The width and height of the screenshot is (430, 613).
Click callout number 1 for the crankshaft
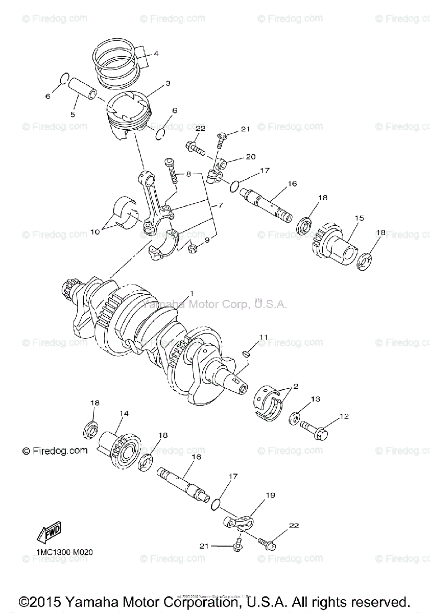pos(191,293)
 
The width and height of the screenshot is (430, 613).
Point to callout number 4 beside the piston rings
pos(156,53)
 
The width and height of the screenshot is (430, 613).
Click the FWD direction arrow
pos(49,533)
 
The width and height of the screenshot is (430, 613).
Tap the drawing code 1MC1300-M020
pos(64,552)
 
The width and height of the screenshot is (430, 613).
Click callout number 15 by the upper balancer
pos(360,218)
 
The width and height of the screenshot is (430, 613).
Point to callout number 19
pos(270,496)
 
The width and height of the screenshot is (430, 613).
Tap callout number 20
pos(250,157)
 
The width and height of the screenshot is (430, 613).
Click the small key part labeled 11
pos(245,352)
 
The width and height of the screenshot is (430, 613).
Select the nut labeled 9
pos(194,249)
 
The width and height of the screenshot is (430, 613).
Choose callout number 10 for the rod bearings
pos(95,231)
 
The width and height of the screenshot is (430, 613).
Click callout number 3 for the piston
pos(168,83)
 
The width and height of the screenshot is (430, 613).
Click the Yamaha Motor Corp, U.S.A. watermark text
pos(214,304)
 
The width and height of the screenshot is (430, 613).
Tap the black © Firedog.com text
pos(55,451)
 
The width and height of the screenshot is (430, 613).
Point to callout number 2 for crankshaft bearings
pos(296,387)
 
